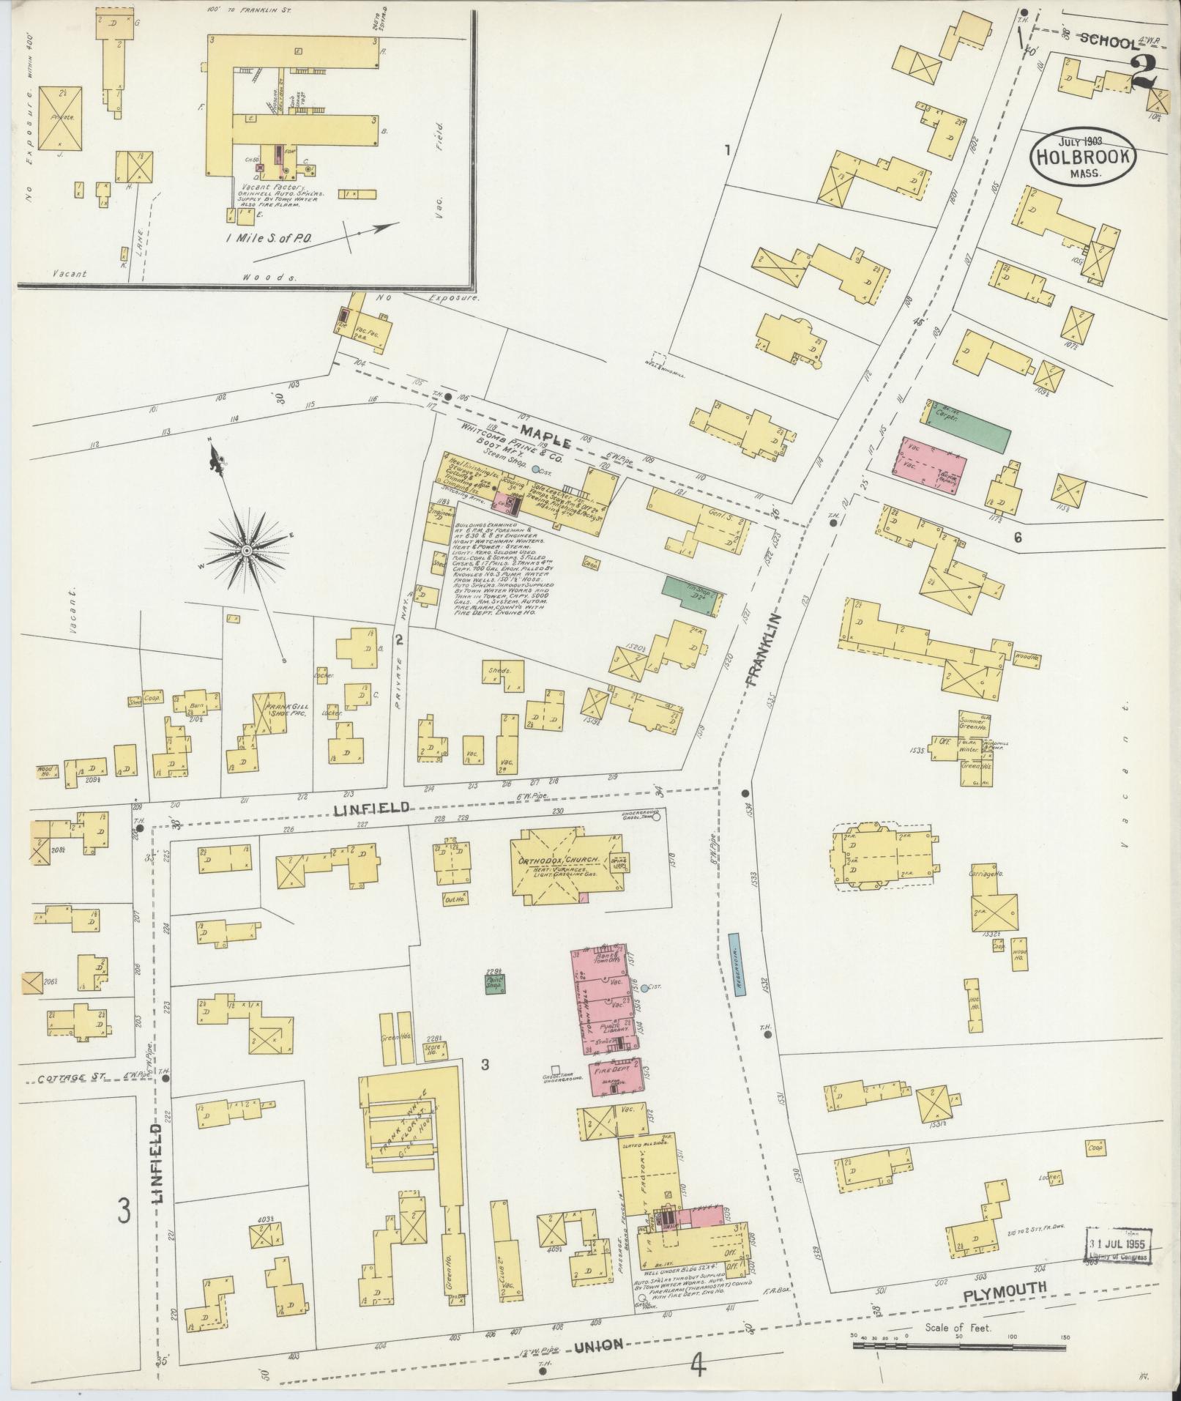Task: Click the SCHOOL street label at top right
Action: [x=1109, y=42]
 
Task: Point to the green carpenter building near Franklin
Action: [x=968, y=425]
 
